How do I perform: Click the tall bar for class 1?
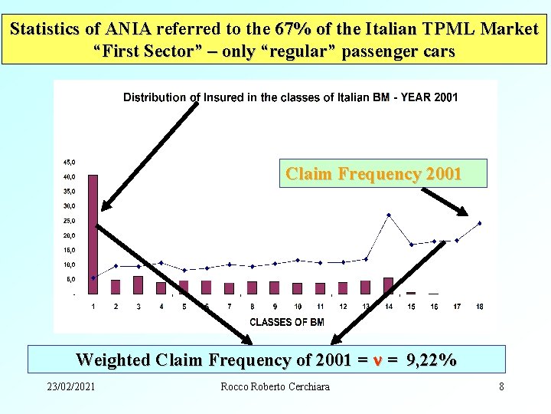click(93, 234)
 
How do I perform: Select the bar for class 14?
click(388, 286)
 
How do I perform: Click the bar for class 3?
click(139, 285)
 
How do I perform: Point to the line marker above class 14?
click(388, 215)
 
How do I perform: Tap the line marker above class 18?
click(479, 223)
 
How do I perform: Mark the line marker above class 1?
click(93, 278)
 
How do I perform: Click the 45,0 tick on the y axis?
click(69, 162)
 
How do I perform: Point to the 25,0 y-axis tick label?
click(69, 221)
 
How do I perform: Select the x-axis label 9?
click(275, 307)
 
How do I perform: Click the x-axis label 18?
click(479, 307)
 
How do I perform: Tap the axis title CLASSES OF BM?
click(287, 322)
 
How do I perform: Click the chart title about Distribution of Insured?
click(291, 97)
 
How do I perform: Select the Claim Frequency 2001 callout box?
click(373, 174)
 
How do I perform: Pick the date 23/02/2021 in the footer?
click(71, 386)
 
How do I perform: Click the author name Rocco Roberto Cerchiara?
click(275, 386)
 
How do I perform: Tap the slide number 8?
click(501, 386)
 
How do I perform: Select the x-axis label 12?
click(343, 307)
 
